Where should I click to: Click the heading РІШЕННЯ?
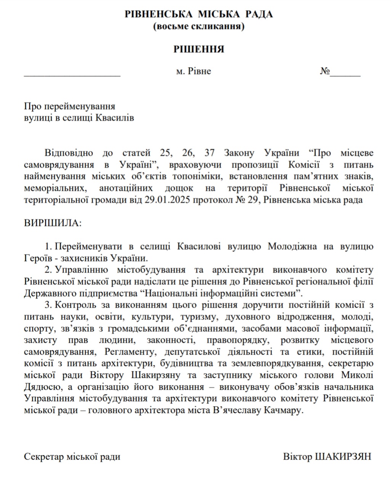[199, 49]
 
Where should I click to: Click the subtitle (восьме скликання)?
[199, 26]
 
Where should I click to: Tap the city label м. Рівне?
[193, 71]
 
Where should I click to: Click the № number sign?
[325, 71]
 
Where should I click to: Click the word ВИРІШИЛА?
[53, 223]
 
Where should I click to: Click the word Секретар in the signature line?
[44, 457]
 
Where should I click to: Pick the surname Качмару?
[284, 411]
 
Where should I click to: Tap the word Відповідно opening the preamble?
[69, 153]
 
